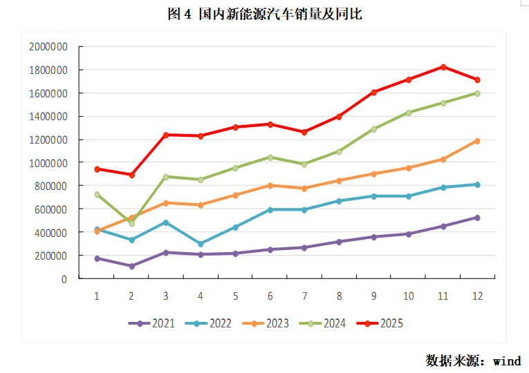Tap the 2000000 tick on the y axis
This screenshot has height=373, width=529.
pos(48,47)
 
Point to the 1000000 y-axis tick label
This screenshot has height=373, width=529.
pos(48,163)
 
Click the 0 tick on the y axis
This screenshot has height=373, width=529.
pos(64,279)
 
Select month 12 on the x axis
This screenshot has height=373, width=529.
pos(477,296)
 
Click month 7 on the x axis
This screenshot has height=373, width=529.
pos(304,296)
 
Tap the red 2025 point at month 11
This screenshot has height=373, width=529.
pos(443,67)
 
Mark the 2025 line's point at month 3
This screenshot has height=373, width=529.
pos(166,135)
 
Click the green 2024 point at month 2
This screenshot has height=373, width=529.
pos(131,224)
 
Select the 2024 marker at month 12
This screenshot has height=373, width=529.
pos(477,93)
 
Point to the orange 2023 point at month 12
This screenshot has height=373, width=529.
pos(477,141)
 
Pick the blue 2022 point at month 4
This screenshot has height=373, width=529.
pos(201,244)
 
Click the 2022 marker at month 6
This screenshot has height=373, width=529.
pos(270,209)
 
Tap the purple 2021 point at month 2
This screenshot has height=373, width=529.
pos(131,266)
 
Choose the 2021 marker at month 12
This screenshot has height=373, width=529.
pos(477,218)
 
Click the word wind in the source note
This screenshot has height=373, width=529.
pos(506,361)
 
